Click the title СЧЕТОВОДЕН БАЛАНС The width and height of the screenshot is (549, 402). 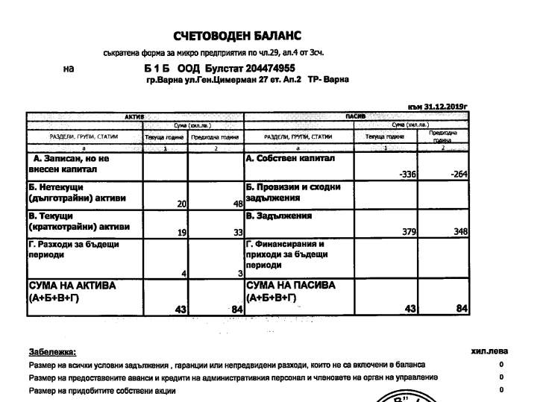point(237,37)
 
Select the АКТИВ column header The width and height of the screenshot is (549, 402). point(134,117)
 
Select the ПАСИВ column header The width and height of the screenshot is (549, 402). point(355,117)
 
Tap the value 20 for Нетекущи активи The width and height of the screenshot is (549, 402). point(181,204)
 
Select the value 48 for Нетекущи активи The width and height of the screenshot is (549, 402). point(238,204)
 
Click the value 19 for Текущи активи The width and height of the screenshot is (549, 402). point(181,233)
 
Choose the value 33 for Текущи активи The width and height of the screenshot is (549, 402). point(238,233)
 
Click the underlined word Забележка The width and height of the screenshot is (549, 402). point(52,351)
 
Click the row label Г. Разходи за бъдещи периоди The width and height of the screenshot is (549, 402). point(74,249)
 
